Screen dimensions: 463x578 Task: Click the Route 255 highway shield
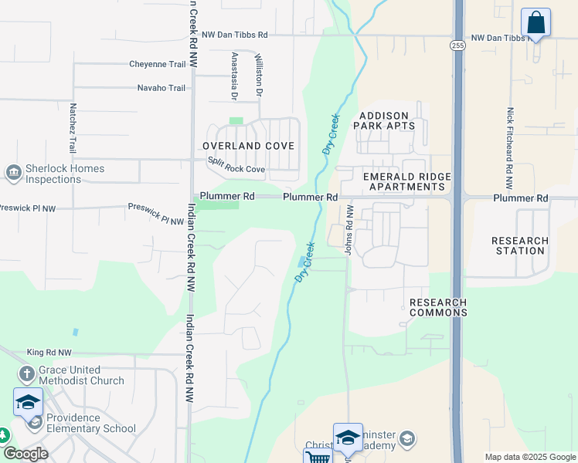(458, 46)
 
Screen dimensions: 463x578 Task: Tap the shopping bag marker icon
(535, 23)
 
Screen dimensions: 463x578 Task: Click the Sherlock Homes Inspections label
(53, 174)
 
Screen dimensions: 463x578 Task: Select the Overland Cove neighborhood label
(248, 146)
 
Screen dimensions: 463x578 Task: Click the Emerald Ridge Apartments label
(407, 181)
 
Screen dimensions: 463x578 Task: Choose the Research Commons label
(438, 307)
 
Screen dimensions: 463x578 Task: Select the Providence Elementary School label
(92, 423)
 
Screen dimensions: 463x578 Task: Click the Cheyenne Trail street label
(158, 64)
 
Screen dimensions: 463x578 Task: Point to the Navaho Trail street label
(161, 88)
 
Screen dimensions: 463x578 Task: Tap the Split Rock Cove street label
(236, 164)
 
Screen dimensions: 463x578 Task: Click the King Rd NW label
(48, 352)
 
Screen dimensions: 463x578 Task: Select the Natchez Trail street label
(73, 127)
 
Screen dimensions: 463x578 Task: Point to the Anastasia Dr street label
(233, 76)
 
